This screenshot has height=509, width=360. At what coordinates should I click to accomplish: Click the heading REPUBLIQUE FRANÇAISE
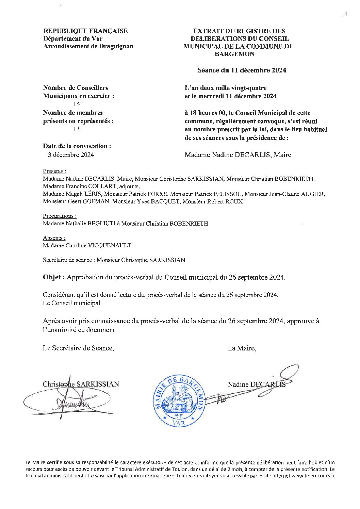(85, 31)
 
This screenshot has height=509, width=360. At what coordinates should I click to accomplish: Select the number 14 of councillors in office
(77, 104)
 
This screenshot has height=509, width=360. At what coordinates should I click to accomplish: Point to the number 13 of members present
(77, 129)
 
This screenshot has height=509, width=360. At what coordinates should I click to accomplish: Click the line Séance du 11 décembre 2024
(242, 70)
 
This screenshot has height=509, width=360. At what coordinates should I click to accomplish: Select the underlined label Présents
(54, 171)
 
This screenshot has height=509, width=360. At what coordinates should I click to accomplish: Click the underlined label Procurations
(60, 216)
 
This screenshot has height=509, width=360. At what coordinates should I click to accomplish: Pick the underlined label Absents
(54, 238)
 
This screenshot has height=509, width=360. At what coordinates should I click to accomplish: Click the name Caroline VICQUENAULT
(99, 245)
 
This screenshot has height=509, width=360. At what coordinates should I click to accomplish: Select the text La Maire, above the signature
(242, 348)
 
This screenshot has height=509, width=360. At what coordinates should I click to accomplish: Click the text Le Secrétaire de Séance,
(78, 348)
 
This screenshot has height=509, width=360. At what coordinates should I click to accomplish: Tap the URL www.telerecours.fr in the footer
(313, 476)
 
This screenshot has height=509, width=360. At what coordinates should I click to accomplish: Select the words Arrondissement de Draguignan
(88, 46)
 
